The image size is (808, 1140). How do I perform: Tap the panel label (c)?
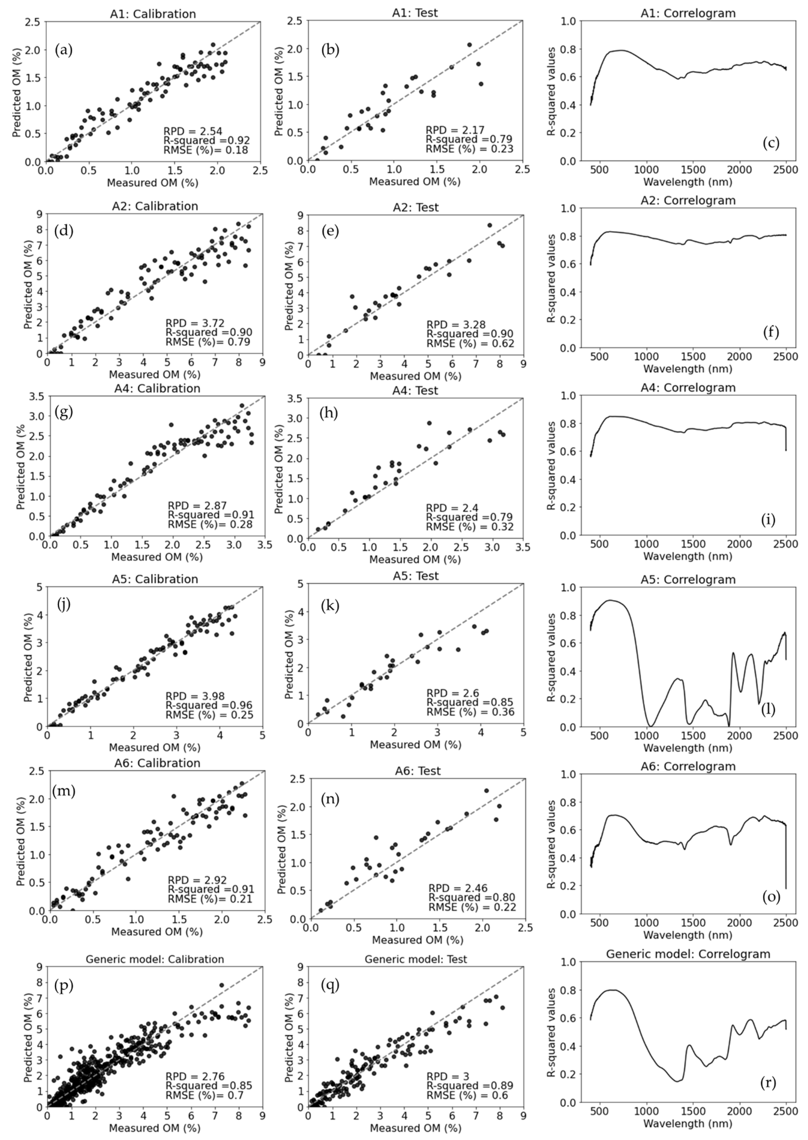pos(771,143)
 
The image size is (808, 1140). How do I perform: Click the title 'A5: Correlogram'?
pos(688,579)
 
